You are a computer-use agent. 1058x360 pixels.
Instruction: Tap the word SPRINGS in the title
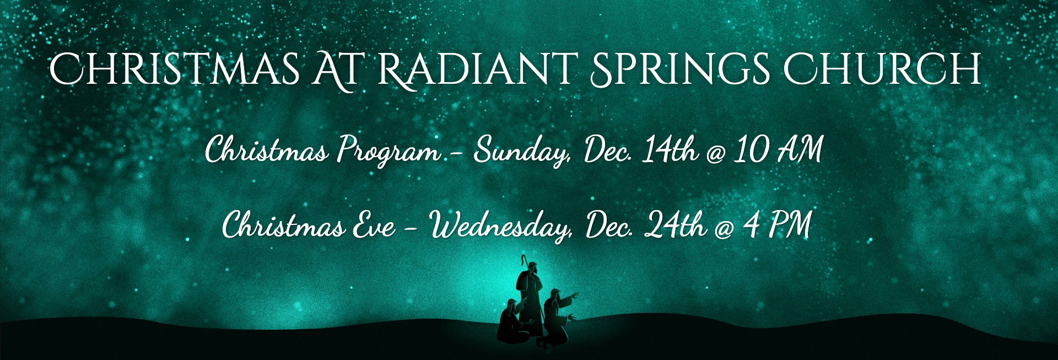681,69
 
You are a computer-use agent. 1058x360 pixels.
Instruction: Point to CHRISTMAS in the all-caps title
175,69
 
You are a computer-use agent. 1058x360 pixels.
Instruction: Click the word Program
389,150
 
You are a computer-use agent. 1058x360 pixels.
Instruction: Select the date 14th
670,149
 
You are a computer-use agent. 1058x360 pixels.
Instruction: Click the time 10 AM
778,149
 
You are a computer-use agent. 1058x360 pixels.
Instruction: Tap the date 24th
676,225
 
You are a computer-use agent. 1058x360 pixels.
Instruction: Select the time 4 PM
777,224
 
